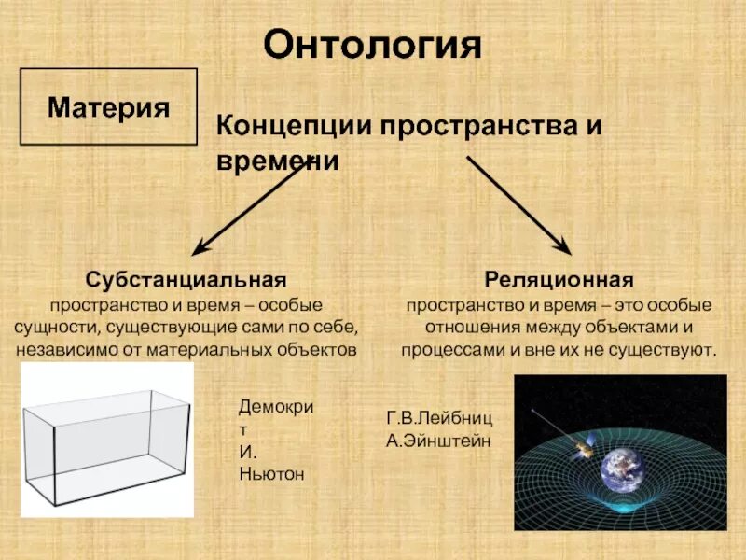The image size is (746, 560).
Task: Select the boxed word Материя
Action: pos(108,106)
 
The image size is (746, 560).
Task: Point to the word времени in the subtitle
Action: pos(276,161)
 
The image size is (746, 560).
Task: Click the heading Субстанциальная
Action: pos(186,280)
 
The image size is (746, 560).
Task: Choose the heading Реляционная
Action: pos(559,280)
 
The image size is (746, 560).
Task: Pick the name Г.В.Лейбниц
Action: pos(439,417)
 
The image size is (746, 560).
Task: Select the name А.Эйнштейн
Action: pos(437,440)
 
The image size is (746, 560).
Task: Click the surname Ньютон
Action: pos(271,474)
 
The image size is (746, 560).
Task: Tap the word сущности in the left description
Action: pos(55,328)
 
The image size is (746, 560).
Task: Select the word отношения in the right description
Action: pos(472,328)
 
